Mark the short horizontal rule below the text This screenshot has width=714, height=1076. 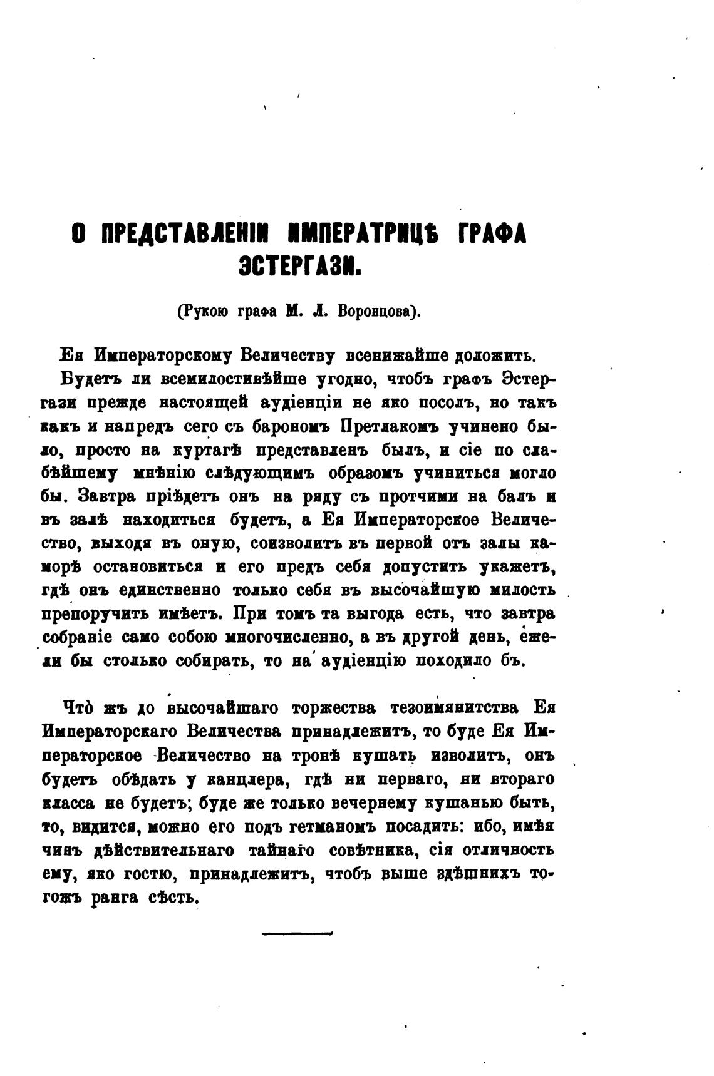(297, 934)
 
